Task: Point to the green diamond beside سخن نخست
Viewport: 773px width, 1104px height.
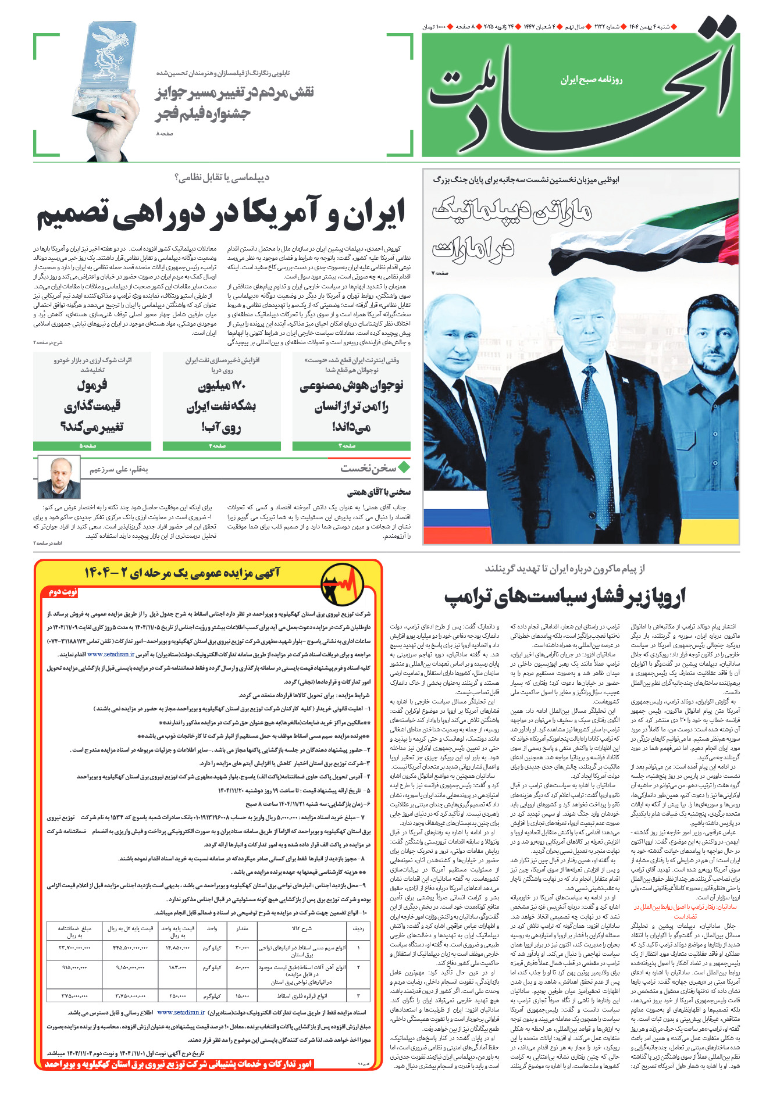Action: pos(404,467)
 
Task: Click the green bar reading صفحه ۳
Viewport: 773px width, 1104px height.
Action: pos(351,446)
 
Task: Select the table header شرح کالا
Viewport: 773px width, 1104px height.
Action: pos(302,928)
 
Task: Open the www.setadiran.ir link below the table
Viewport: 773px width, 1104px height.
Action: pos(181,1012)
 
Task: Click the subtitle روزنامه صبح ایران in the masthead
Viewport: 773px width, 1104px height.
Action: pos(592,80)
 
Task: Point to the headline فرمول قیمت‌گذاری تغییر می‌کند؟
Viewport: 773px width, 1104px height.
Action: pos(92,406)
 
